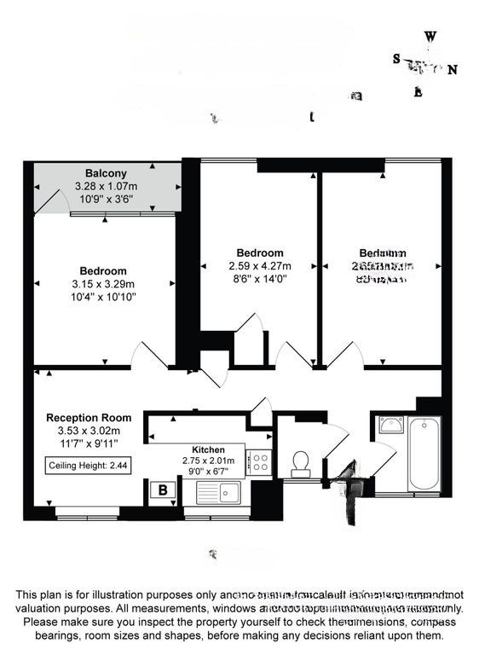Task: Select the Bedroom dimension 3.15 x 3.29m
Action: click(104, 284)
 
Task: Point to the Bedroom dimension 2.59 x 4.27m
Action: click(260, 265)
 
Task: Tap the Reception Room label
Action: click(89, 418)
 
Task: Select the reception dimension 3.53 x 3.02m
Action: click(89, 431)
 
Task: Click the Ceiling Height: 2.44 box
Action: click(89, 466)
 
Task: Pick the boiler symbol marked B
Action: click(162, 490)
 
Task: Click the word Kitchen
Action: click(208, 449)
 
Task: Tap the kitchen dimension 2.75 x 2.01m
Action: click(208, 461)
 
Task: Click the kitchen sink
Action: click(219, 491)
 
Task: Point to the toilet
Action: click(300, 463)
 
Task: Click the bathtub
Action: click(424, 454)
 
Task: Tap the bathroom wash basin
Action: click(390, 424)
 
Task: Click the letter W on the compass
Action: click(431, 37)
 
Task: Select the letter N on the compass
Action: click(453, 70)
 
